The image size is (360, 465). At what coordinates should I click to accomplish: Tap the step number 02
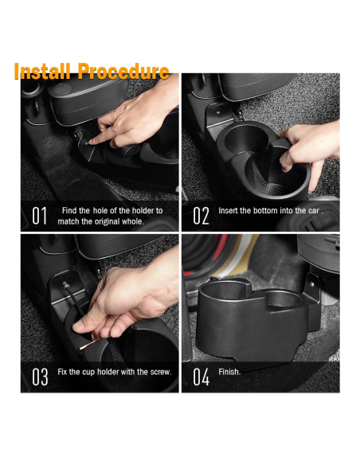pos(201,216)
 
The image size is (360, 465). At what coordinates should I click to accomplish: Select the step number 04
pos(201,377)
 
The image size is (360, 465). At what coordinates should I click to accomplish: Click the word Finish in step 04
pos(229,372)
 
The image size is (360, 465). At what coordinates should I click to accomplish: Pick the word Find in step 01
pos(70,210)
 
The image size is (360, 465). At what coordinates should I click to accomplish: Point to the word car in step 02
pos(314,210)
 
